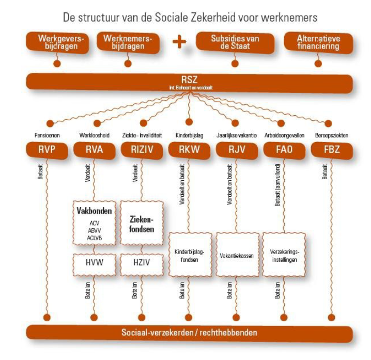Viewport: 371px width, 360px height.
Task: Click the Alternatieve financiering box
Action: click(x=318, y=42)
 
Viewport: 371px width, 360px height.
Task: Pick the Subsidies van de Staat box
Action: click(x=235, y=42)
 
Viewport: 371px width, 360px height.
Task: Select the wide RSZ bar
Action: click(x=189, y=82)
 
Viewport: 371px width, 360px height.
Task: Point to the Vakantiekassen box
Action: click(x=236, y=255)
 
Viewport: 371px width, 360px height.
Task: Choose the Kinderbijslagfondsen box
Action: click(x=189, y=255)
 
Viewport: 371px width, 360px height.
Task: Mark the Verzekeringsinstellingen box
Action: click(x=284, y=255)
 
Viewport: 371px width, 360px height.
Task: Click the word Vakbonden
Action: click(x=94, y=211)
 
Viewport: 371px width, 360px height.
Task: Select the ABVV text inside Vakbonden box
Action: click(x=94, y=230)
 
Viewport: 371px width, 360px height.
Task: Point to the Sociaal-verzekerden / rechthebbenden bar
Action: click(x=189, y=333)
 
